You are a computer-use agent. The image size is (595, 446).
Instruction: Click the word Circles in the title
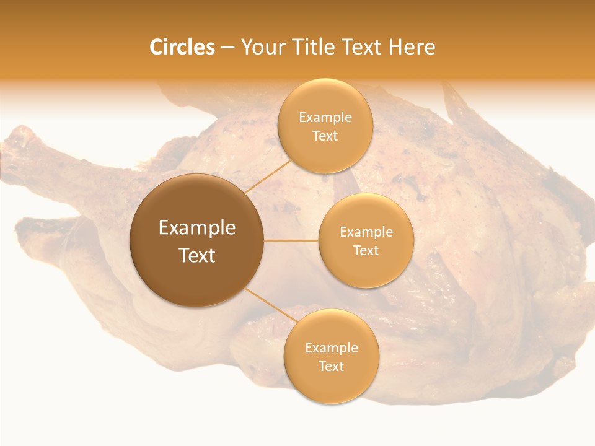[x=182, y=47]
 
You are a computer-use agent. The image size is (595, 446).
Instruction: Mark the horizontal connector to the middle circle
[x=291, y=240]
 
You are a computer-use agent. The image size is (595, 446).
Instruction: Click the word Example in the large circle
[x=196, y=227]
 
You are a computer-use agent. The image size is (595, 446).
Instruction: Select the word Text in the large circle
[x=196, y=255]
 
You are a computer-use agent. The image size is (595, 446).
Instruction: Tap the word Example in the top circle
[x=325, y=117]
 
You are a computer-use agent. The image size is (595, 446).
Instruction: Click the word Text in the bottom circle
[x=331, y=366]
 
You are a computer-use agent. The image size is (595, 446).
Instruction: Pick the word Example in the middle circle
[x=366, y=232]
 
